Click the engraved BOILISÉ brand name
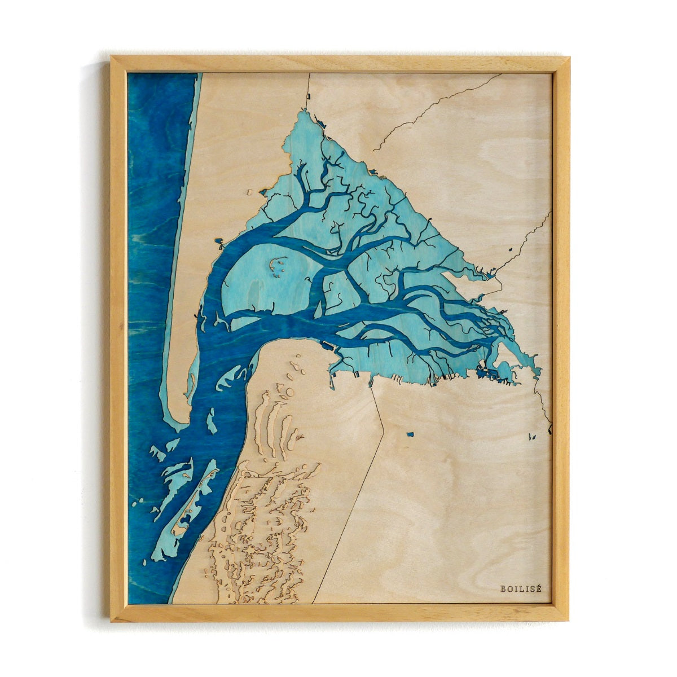tap(520, 588)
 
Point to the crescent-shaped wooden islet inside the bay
tap(276, 265)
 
